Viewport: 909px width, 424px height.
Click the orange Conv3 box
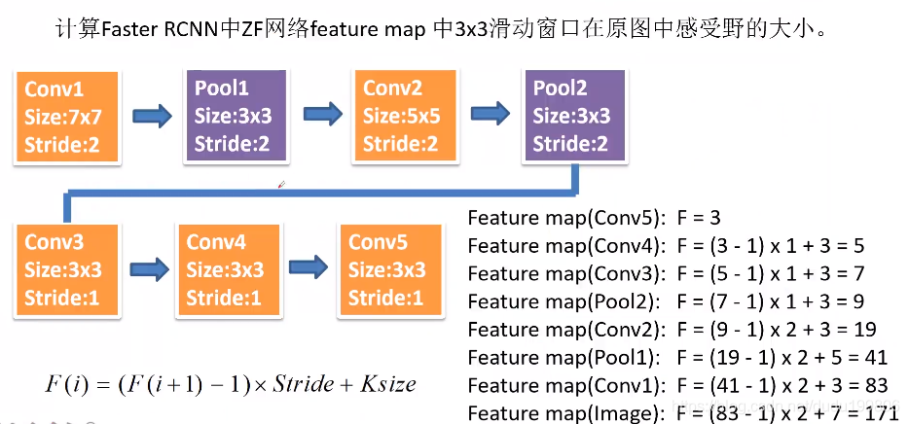[66, 270]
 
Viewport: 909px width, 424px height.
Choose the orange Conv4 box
[226, 270]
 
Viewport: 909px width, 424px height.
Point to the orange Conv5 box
[388, 270]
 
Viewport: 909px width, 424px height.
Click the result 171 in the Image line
[881, 414]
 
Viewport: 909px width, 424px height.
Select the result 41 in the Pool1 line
[875, 358]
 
